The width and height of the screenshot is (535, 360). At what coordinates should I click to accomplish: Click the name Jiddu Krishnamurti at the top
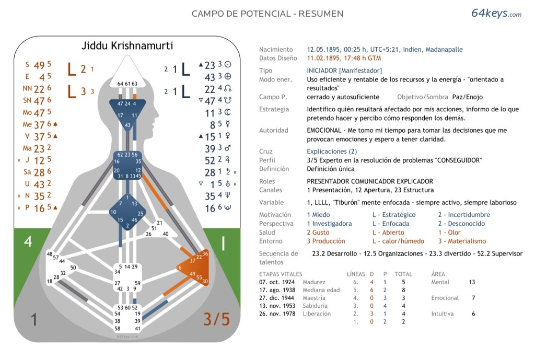point(127,45)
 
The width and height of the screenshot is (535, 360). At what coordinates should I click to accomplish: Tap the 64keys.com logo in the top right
point(496,14)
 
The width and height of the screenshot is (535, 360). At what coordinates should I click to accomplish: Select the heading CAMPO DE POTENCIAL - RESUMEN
point(267,14)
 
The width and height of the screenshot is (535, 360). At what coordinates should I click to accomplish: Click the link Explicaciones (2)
point(332,152)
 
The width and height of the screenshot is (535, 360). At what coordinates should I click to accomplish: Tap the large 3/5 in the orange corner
point(216,319)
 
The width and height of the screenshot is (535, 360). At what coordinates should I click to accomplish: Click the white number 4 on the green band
point(28,241)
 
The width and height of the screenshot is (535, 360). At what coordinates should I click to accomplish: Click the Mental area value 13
point(472,282)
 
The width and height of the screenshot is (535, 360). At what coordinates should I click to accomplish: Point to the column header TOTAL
point(403,274)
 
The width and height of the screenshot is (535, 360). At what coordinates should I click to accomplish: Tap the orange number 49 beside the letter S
point(39,65)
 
